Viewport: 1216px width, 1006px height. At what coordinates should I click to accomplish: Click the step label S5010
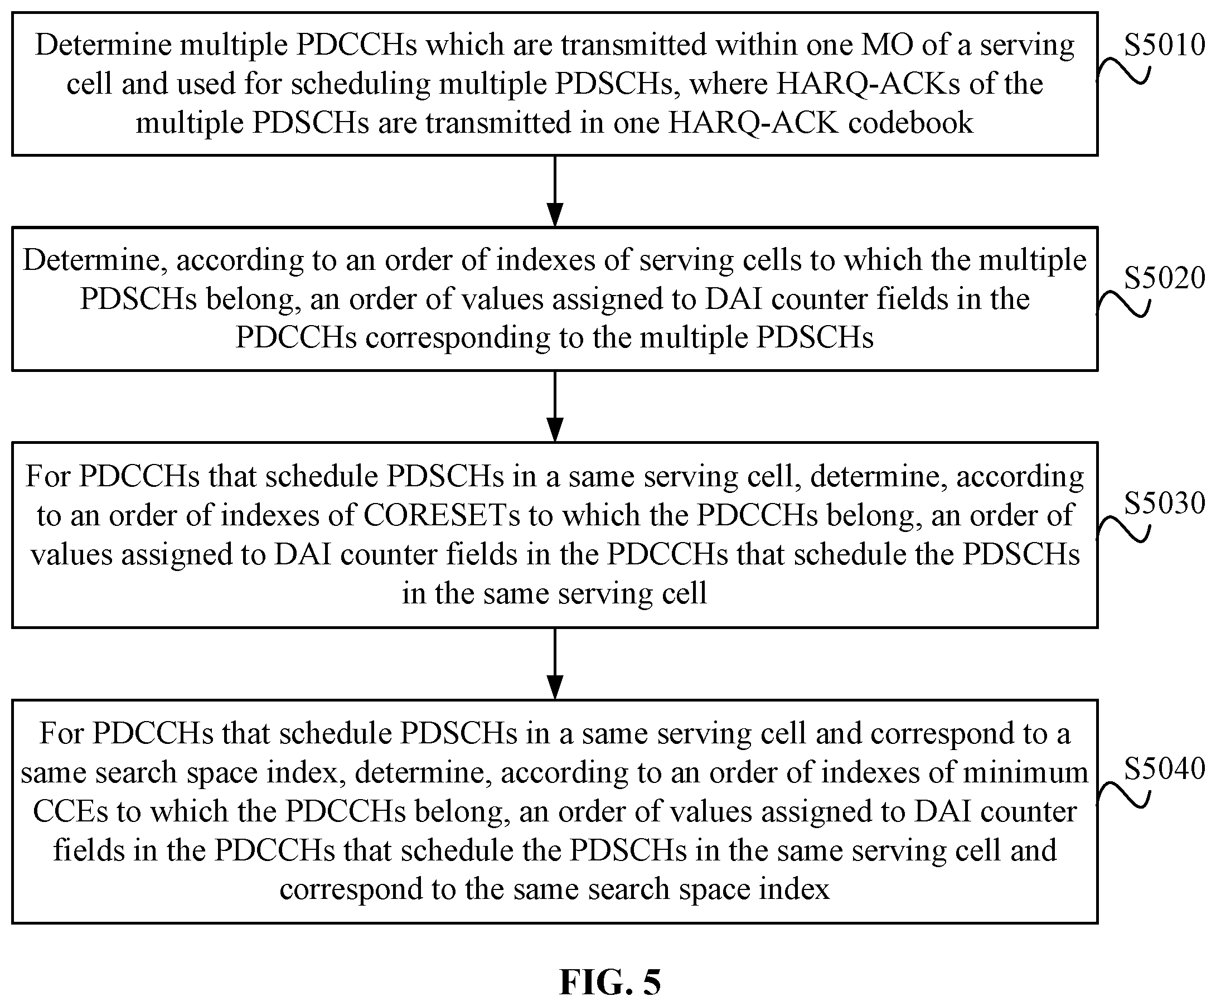pyautogui.click(x=1165, y=45)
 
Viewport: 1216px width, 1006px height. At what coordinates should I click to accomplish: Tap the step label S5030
pyautogui.click(x=1165, y=502)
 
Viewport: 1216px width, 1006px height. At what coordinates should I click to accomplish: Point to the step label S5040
pyautogui.click(x=1165, y=768)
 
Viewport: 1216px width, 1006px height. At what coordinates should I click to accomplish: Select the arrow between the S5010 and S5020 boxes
pyautogui.click(x=555, y=191)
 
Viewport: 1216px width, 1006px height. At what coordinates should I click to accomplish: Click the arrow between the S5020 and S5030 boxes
pyautogui.click(x=555, y=407)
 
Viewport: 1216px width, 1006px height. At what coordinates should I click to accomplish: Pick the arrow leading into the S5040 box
pyautogui.click(x=555, y=664)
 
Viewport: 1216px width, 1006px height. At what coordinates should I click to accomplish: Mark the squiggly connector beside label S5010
pyautogui.click(x=1123, y=71)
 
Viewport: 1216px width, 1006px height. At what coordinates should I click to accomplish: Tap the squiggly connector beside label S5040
pyautogui.click(x=1123, y=794)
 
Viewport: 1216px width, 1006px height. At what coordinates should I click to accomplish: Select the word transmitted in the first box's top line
pyautogui.click(x=634, y=45)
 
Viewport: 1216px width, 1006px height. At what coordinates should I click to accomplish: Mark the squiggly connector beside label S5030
pyautogui.click(x=1123, y=529)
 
